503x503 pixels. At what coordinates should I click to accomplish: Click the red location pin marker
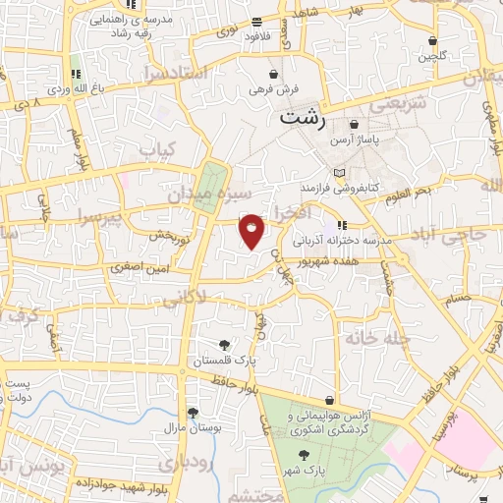(252, 231)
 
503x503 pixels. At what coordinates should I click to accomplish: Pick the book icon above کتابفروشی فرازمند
(339, 172)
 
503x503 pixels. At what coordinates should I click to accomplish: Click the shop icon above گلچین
(433, 41)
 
